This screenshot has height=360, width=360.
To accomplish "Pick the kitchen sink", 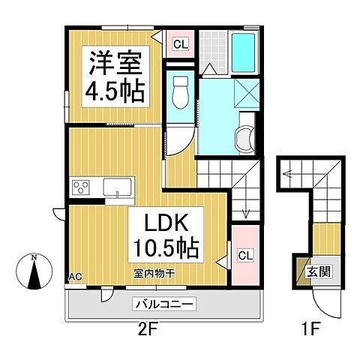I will [118, 187].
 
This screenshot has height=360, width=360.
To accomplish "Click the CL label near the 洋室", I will [180, 44].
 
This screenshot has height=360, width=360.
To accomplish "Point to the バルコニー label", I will [165, 304].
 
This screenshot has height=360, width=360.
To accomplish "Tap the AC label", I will [75, 277].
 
